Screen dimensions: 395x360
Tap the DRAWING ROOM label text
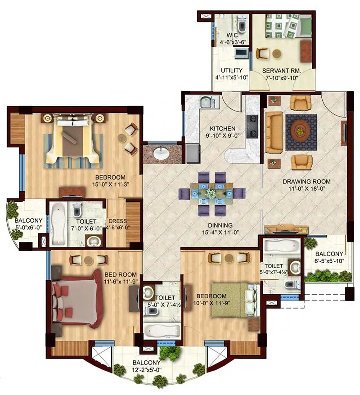(306, 182)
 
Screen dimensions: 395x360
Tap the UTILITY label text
(232, 71)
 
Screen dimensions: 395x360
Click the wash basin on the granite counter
(161, 153)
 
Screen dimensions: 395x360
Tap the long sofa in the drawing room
(274, 133)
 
